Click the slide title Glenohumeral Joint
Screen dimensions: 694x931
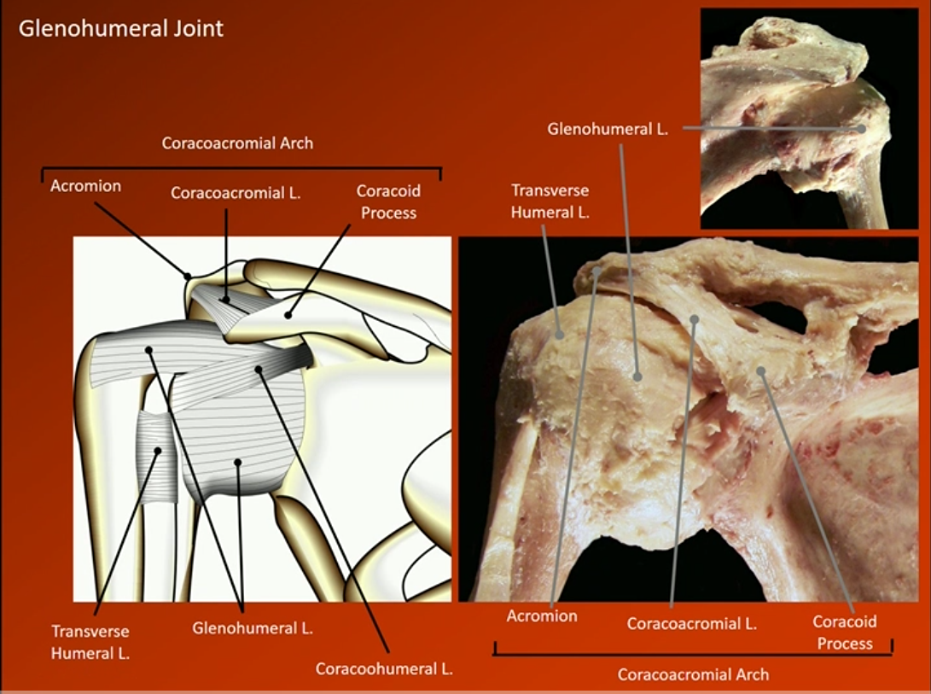tap(120, 28)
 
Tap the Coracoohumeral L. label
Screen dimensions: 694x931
tap(384, 668)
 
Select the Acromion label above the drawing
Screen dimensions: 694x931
tap(85, 185)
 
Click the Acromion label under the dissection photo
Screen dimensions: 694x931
tap(542, 615)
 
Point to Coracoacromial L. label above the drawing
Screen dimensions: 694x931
tap(236, 193)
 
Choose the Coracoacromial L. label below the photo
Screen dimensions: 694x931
tap(691, 623)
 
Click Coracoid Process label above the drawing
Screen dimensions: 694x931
tap(388, 201)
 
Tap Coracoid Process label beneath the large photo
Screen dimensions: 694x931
tap(844, 633)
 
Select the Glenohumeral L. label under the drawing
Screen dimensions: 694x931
tap(253, 629)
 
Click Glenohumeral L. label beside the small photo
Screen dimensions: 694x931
tap(607, 129)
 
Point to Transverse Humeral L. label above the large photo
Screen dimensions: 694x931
tap(550, 201)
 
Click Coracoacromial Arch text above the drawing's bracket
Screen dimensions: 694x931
tap(237, 143)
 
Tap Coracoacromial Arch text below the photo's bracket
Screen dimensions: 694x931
tap(693, 674)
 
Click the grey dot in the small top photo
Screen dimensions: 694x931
tap(862, 129)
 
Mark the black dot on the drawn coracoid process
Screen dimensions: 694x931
tap(288, 315)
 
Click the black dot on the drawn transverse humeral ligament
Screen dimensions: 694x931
tap(156, 451)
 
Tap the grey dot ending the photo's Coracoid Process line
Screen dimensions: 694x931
tap(759, 370)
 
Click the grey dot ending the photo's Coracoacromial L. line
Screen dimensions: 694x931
tap(695, 320)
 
